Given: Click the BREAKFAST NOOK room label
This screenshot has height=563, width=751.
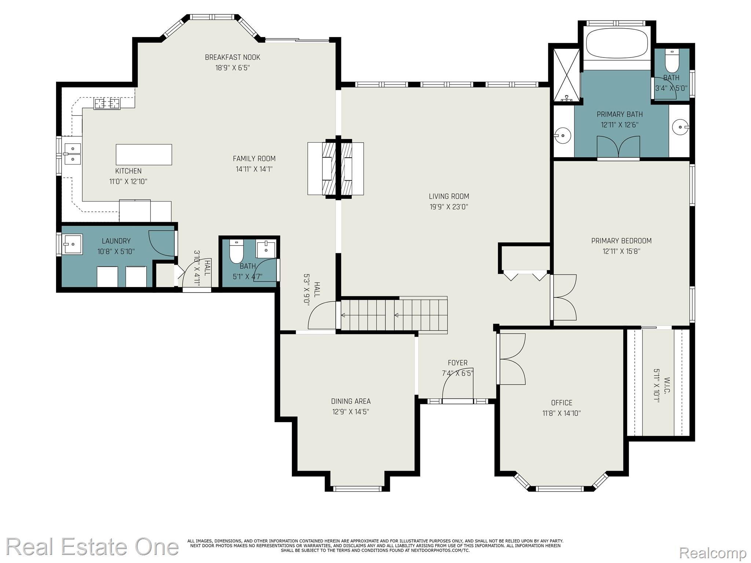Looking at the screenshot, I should [x=232, y=58].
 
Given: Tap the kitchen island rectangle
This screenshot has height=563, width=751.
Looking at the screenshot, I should [x=144, y=155].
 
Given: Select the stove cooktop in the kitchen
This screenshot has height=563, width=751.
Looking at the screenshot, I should [x=107, y=104].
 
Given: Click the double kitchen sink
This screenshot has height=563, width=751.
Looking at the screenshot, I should [x=73, y=154].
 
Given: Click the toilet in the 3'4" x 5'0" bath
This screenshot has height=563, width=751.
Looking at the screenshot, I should [x=672, y=61].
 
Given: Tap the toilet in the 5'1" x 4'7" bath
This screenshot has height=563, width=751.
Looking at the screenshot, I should [x=236, y=251].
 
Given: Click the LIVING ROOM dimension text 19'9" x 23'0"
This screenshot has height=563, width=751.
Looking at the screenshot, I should [x=449, y=207].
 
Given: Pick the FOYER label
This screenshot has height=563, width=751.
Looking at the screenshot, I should [x=457, y=363].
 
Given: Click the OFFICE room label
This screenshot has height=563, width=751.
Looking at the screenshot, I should [x=561, y=403].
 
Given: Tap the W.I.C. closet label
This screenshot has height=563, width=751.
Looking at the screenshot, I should [x=667, y=385].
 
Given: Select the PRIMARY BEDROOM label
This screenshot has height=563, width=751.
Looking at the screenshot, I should [x=621, y=241].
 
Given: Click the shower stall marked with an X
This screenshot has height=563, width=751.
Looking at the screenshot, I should [x=567, y=74].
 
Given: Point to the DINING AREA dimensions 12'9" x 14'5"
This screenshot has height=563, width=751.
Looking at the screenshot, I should [x=351, y=412].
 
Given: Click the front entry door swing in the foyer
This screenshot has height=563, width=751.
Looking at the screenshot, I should [x=458, y=389].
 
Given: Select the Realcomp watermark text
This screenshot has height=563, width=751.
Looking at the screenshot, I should [x=712, y=553].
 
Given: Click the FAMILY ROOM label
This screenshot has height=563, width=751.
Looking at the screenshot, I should [x=254, y=159].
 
